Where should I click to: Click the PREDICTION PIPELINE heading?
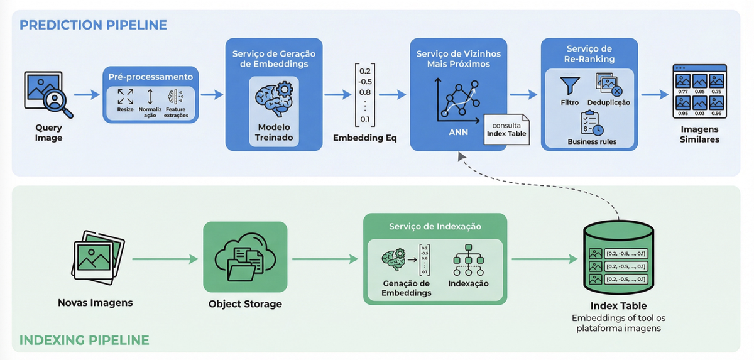pyautogui.click(x=93, y=25)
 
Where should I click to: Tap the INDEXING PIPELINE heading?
pyautogui.click(x=84, y=341)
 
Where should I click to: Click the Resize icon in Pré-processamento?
pyautogui.click(x=126, y=96)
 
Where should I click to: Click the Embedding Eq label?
pyautogui.click(x=365, y=138)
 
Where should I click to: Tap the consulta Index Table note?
pyautogui.click(x=506, y=129)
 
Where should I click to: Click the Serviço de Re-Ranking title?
pyautogui.click(x=590, y=54)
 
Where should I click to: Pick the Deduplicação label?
pyautogui.click(x=608, y=102)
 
